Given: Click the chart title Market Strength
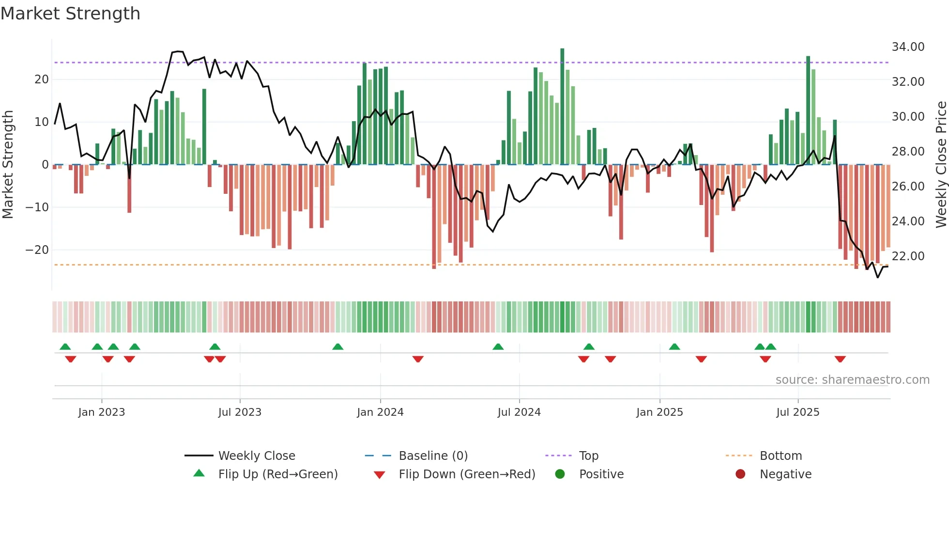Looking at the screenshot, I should [70, 14].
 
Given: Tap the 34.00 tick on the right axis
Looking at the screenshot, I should [908, 47].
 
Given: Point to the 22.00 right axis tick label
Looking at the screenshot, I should [908, 256].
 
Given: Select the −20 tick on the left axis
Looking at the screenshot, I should [37, 250].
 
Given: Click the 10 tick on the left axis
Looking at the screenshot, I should [42, 122].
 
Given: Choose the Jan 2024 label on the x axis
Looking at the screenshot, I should [380, 412].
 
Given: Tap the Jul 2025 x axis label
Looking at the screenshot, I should [797, 412].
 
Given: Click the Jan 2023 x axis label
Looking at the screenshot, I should [102, 412].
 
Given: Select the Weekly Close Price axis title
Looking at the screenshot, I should [941, 165].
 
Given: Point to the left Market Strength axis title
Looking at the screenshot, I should [8, 165].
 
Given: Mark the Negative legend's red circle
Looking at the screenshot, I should [740, 474].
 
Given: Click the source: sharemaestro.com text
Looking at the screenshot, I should [852, 380].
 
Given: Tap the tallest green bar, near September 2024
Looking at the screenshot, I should [562, 107].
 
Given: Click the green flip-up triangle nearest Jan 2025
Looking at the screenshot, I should [674, 346].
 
